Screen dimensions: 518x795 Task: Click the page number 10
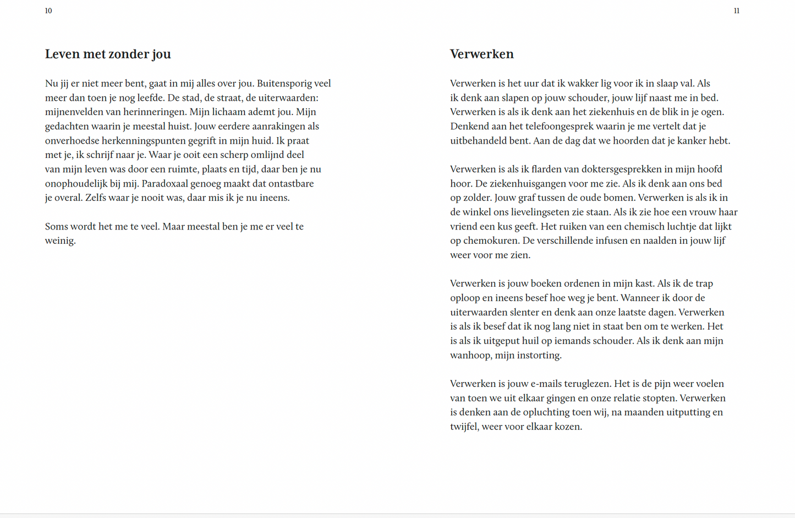(x=48, y=11)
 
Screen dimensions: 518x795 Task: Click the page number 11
(x=736, y=11)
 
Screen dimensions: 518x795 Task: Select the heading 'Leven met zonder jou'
(x=108, y=54)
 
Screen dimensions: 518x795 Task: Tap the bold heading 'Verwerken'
(x=481, y=54)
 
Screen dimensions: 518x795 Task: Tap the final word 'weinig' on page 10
(x=59, y=241)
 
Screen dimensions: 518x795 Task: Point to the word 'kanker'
(x=692, y=141)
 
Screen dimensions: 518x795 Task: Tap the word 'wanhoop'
(x=470, y=356)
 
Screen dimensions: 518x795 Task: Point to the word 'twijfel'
(x=463, y=427)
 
